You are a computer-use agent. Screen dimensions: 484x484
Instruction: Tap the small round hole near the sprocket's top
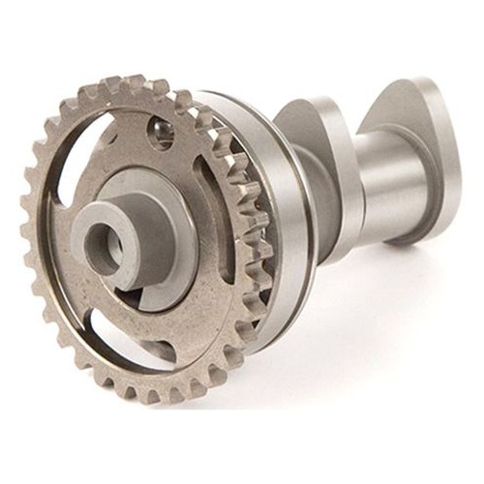[x=161, y=132]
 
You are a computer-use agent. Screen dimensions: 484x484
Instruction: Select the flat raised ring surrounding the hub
[x=174, y=223]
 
